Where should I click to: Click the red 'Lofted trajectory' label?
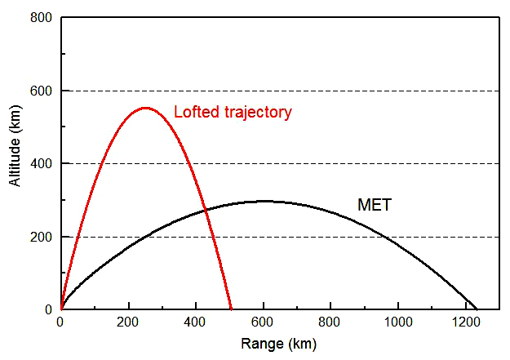[x=233, y=113]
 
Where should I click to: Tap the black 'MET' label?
[x=375, y=205]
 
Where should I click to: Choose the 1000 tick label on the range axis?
[x=397, y=322]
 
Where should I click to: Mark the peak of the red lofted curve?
[x=145, y=108]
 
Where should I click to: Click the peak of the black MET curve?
[x=264, y=201]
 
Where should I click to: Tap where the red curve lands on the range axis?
[x=232, y=309]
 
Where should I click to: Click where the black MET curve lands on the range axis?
[x=476, y=309]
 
